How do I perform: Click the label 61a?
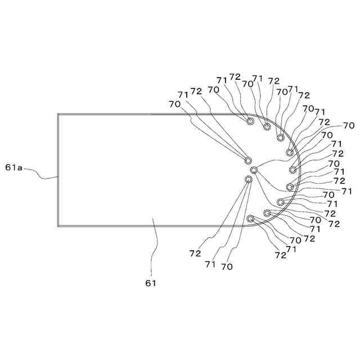[x=14, y=167]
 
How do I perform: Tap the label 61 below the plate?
[x=151, y=283]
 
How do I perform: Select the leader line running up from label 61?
[x=155, y=247]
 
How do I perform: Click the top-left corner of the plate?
[x=58, y=115]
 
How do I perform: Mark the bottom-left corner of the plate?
[x=58, y=226]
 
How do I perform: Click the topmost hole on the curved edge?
[x=251, y=121]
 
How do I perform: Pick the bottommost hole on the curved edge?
[x=251, y=218]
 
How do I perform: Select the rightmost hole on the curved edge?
[x=293, y=169]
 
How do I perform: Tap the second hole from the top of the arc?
[x=267, y=127]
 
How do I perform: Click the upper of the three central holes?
[x=248, y=160]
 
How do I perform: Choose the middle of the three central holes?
[x=254, y=169]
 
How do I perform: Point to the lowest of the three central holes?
[x=248, y=179]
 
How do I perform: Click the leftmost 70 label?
[x=174, y=103]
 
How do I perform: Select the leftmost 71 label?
[x=183, y=94]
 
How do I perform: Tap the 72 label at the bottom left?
[x=195, y=254]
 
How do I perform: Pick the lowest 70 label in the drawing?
[x=227, y=267]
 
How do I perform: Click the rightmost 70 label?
[x=349, y=125]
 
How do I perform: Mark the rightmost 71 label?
[x=347, y=191]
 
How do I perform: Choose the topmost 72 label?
[x=235, y=76]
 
